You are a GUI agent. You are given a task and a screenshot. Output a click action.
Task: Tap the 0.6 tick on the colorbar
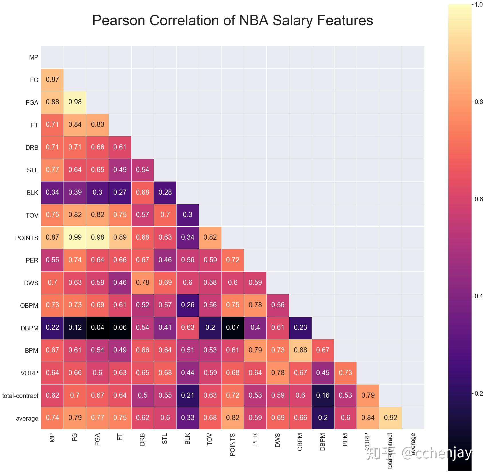pyautogui.click(x=478, y=199)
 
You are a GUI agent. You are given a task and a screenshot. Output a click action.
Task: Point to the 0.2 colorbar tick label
pyautogui.click(x=478, y=393)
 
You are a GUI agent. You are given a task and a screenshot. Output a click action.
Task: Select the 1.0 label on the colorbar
pyautogui.click(x=478, y=5)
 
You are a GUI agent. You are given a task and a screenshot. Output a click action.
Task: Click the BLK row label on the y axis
pyautogui.click(x=32, y=193)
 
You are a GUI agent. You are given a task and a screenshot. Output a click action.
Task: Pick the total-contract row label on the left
pyautogui.click(x=20, y=396)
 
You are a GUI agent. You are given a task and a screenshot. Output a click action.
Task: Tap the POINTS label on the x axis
pyautogui.click(x=232, y=444)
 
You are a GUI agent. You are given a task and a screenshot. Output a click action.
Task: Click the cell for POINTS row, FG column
pyautogui.click(x=75, y=237)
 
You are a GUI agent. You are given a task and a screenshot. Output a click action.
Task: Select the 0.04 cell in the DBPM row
pyautogui.click(x=98, y=328)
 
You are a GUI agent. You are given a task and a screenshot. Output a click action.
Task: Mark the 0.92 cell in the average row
pyautogui.click(x=390, y=418)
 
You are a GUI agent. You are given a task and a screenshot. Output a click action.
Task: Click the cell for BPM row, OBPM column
pyautogui.click(x=300, y=350)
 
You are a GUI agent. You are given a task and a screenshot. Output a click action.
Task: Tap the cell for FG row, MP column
pyautogui.click(x=52, y=80)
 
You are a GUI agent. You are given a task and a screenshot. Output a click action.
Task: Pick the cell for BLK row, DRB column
pyautogui.click(x=142, y=192)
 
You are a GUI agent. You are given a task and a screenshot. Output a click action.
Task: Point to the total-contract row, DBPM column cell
pyautogui.click(x=323, y=395)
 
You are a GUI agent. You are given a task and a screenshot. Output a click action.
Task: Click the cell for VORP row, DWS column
pyautogui.click(x=278, y=373)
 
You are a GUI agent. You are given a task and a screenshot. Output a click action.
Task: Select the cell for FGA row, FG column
pyautogui.click(x=75, y=102)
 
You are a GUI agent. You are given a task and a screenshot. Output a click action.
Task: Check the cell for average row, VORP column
pyautogui.click(x=368, y=418)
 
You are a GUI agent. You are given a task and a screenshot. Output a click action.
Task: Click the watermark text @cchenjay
pyautogui.click(x=436, y=453)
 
